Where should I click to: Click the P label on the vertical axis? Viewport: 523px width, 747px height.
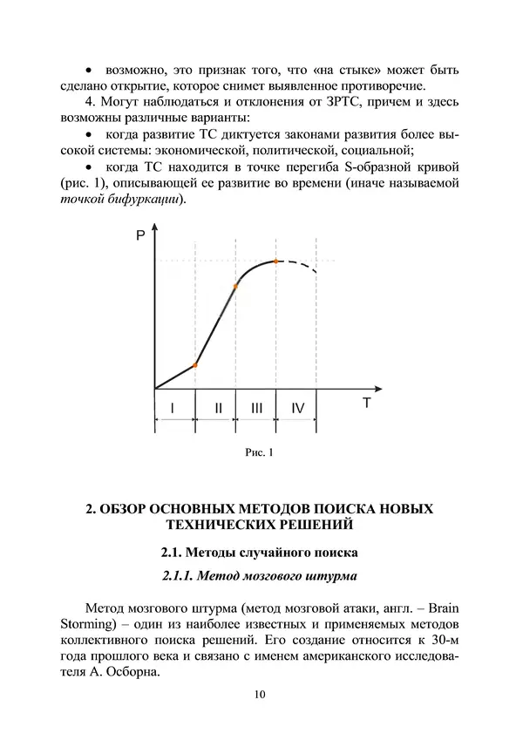139,236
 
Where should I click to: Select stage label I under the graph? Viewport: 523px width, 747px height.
173,406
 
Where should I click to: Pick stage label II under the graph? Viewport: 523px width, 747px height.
218,406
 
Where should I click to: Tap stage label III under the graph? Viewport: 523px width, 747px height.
256,406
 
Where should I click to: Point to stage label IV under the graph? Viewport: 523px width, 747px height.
297,406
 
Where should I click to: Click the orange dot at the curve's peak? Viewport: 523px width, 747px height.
276,261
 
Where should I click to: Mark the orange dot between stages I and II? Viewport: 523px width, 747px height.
194,365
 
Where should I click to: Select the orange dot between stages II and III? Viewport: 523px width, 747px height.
235,286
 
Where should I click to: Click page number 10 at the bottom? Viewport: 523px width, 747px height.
261,694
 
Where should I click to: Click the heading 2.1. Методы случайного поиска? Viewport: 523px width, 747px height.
260,553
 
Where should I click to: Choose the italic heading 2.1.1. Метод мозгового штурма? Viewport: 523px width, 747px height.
260,576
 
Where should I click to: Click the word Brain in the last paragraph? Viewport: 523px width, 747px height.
440,607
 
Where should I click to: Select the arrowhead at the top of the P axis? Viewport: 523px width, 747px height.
154,228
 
